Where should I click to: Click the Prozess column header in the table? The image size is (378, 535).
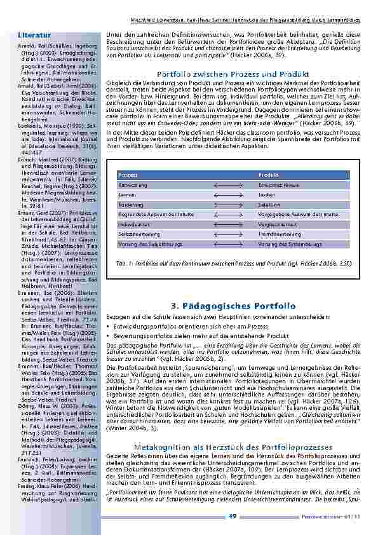128,175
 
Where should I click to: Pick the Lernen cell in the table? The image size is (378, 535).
127,195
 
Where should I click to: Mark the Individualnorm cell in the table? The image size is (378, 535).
133,225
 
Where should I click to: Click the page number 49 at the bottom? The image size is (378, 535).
233,515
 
